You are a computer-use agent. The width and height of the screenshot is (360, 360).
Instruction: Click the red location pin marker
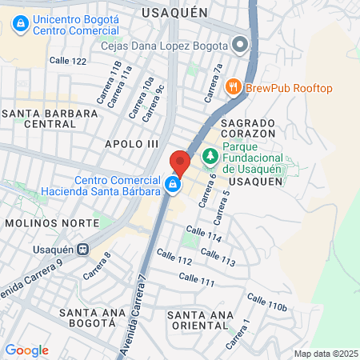point(179,163)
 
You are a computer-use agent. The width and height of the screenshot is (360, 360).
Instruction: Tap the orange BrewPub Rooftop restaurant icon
point(234,87)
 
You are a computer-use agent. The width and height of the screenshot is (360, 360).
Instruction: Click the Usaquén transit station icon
point(82,248)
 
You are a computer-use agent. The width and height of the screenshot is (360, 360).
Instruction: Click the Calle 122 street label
point(68,61)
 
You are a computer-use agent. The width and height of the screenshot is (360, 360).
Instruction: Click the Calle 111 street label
point(198,280)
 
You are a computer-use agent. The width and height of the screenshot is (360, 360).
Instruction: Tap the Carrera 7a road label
point(213,83)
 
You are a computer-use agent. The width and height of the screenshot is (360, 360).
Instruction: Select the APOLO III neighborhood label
point(133,143)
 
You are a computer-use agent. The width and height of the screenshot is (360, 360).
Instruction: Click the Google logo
point(26,350)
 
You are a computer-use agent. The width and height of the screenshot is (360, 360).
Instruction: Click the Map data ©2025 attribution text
point(325,354)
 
